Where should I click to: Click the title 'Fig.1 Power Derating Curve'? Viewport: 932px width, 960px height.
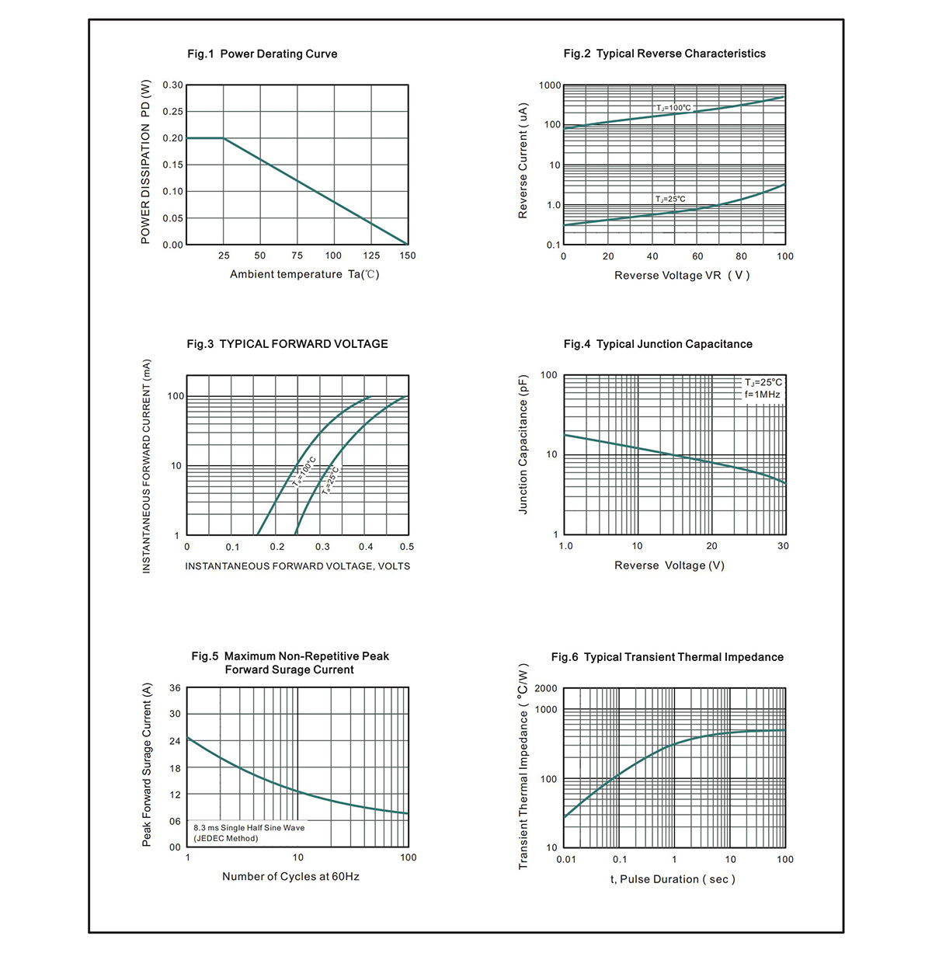click(262, 54)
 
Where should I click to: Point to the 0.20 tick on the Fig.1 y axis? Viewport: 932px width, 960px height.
click(172, 138)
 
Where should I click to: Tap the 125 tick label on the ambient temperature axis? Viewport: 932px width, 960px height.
click(371, 256)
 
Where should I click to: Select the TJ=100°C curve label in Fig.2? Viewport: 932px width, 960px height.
click(673, 107)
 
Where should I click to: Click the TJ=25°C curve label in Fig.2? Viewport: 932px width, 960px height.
click(670, 199)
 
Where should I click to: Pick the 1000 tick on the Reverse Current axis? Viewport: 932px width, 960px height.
click(550, 85)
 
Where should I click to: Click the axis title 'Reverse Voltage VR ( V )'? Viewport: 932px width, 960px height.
click(682, 275)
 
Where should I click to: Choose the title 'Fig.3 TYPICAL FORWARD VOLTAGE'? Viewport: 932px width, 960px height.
click(287, 344)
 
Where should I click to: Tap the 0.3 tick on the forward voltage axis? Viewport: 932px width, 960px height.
click(322, 547)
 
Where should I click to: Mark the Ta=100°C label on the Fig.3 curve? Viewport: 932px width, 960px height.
click(304, 472)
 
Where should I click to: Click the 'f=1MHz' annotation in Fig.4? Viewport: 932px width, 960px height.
click(762, 394)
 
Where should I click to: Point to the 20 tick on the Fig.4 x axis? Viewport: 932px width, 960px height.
click(711, 545)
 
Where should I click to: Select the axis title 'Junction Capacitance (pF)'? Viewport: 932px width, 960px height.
click(523, 444)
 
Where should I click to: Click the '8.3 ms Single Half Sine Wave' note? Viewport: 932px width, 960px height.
click(249, 828)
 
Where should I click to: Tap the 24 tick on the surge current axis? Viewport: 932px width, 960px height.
click(176, 741)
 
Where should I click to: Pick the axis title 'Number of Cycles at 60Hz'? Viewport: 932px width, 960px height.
click(290, 876)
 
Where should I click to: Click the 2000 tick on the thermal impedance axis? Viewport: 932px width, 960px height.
click(546, 688)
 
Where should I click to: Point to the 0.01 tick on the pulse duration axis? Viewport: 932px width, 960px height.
click(566, 859)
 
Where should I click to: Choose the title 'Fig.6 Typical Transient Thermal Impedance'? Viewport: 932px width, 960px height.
click(667, 657)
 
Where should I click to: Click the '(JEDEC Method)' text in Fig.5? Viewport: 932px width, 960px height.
click(225, 838)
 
